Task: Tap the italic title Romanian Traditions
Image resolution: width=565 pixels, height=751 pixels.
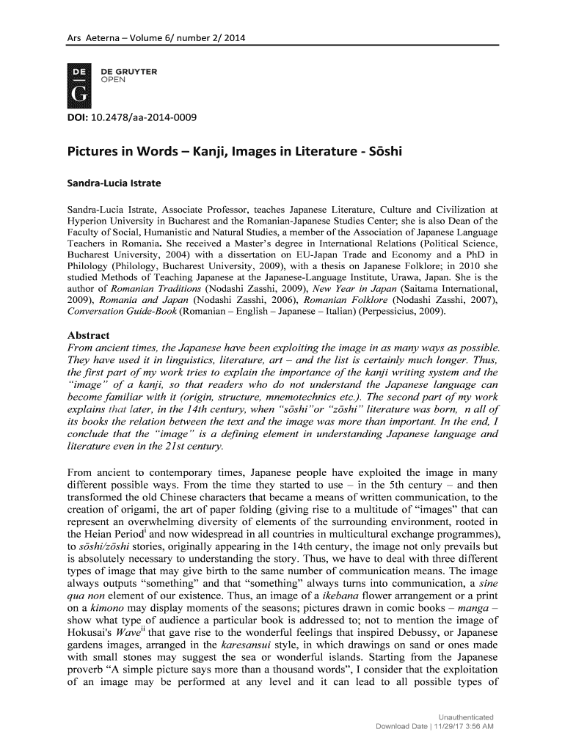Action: click(140, 289)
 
